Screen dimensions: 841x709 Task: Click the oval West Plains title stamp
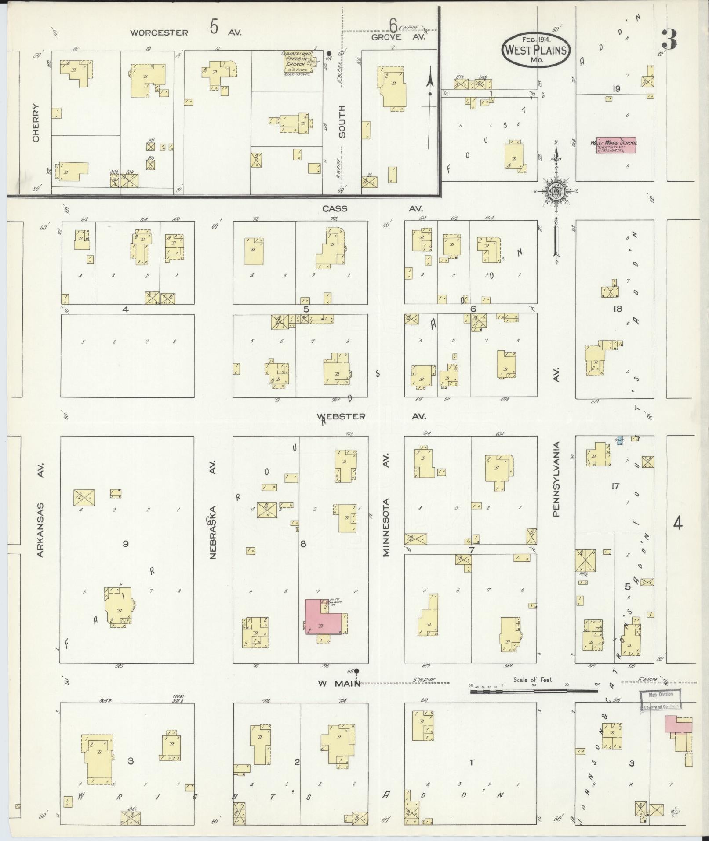point(536,50)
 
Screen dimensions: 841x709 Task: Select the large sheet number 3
point(668,40)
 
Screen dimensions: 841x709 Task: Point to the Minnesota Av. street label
point(386,506)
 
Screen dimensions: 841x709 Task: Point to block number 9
point(126,544)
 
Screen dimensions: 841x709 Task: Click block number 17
point(614,486)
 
